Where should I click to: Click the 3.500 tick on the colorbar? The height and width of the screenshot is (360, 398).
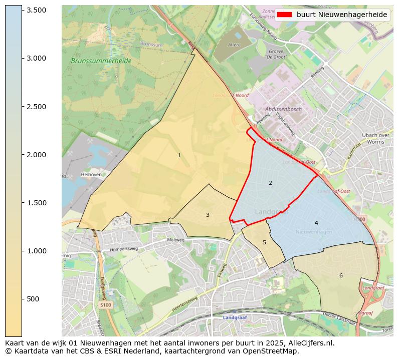(x=36, y=10)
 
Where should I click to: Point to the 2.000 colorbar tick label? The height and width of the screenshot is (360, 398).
(x=36, y=155)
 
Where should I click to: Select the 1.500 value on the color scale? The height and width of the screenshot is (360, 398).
(x=36, y=203)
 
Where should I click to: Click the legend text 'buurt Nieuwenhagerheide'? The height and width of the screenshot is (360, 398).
(x=342, y=15)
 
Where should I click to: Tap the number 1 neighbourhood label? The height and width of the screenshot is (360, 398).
(x=179, y=156)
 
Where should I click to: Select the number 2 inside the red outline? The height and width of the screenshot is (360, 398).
(x=270, y=183)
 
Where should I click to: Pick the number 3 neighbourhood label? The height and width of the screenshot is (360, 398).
(x=208, y=215)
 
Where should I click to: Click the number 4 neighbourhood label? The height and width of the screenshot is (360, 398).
(x=316, y=223)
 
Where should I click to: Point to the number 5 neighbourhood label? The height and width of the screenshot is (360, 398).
(x=264, y=243)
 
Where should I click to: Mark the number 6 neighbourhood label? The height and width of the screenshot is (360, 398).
(x=341, y=275)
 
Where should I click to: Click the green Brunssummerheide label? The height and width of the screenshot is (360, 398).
(x=101, y=61)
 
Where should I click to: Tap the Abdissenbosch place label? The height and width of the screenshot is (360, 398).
(x=284, y=109)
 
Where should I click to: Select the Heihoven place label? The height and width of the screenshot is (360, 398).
(x=91, y=175)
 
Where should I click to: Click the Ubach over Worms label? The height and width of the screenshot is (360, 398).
(x=375, y=138)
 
